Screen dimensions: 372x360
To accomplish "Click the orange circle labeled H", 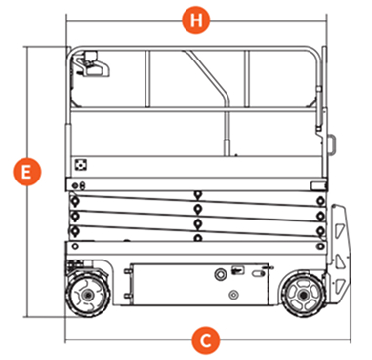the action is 195,20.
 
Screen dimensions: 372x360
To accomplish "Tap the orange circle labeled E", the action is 27,172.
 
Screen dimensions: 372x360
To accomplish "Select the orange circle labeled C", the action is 205,340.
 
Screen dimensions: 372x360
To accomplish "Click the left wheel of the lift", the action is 88,295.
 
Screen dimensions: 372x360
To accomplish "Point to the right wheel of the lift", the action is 303,295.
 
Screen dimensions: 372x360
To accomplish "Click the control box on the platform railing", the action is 92,64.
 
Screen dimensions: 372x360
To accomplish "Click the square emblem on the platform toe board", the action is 80,165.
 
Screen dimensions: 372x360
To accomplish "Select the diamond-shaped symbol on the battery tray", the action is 233,295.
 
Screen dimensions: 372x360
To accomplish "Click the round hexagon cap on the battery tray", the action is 221,274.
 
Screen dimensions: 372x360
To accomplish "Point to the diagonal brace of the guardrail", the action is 207,77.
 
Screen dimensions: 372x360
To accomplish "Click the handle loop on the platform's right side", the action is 332,143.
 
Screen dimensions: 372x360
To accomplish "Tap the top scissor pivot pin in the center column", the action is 197,195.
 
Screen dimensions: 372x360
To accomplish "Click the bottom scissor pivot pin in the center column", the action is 197,238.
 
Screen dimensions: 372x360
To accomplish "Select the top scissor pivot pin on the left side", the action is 75,201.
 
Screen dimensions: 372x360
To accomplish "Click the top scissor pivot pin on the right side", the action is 321,201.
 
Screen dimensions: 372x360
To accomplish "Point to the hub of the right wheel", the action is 303,295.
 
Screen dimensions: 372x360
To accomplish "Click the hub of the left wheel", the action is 87,295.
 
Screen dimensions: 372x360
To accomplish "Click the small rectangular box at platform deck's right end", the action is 318,186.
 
